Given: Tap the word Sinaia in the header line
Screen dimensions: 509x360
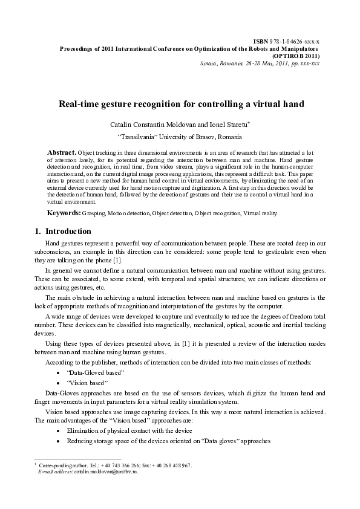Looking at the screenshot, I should click(210, 63).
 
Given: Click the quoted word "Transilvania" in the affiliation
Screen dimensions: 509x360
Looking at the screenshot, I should click(137, 136).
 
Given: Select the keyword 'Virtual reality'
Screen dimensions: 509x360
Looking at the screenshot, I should click(261, 213).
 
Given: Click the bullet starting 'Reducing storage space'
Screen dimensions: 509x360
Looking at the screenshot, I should click(168, 441).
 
